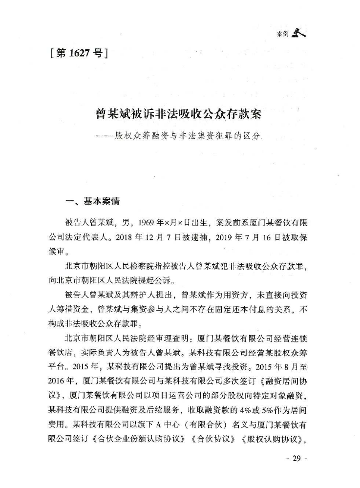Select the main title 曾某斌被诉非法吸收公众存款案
point(179,115)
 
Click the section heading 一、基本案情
point(93,201)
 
